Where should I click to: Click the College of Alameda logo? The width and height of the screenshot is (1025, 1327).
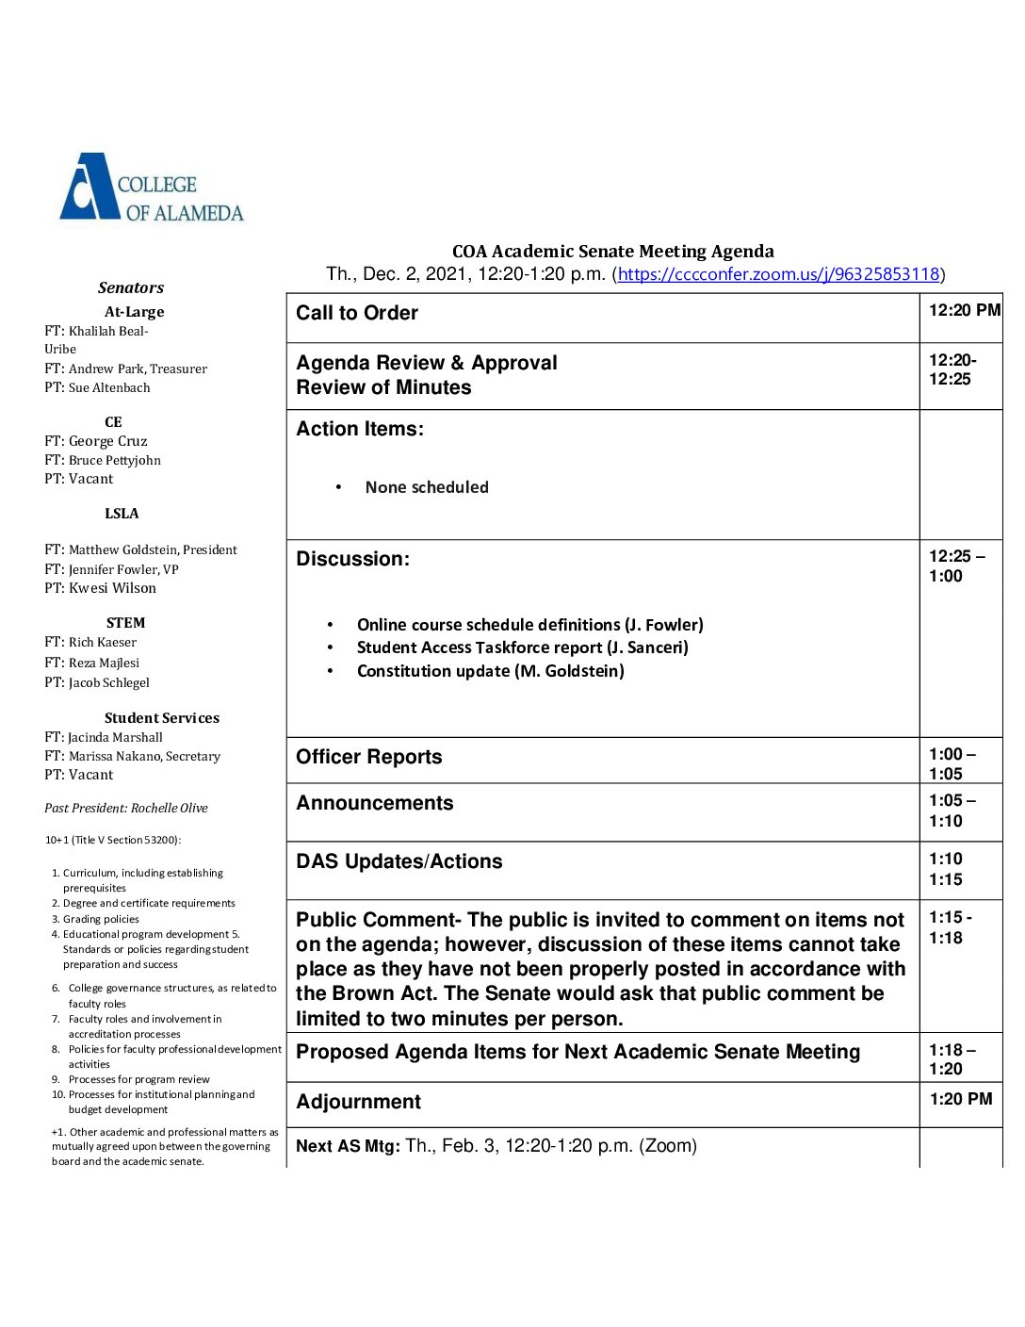tap(152, 188)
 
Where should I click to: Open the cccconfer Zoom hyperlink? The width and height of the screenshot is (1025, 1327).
tap(778, 274)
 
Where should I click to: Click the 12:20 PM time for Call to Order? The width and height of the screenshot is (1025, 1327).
tap(964, 310)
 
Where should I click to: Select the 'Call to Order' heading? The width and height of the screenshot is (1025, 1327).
tap(357, 313)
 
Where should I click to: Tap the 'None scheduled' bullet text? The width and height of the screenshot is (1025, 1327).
tap(427, 487)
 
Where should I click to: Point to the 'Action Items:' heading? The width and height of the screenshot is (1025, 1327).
tap(360, 429)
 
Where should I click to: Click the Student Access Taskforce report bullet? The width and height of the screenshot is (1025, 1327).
tap(522, 647)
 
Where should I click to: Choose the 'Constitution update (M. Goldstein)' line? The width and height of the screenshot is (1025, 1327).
tap(490, 671)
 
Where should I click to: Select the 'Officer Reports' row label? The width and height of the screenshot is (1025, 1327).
tap(368, 757)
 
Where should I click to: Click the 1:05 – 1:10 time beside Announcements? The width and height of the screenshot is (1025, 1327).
tap(952, 811)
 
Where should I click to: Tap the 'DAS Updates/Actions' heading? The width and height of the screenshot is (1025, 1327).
tap(399, 861)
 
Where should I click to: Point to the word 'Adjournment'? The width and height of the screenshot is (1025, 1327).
tap(358, 1102)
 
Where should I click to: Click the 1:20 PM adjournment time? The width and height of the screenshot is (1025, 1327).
tap(960, 1099)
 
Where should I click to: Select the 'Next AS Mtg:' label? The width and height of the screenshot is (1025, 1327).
tap(348, 1146)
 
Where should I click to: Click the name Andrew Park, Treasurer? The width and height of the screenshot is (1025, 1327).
tap(138, 369)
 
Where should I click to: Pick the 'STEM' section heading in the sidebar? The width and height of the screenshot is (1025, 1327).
tap(125, 623)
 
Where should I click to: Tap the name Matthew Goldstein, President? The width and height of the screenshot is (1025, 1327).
tap(153, 549)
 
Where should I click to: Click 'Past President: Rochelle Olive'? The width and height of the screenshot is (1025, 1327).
tap(125, 808)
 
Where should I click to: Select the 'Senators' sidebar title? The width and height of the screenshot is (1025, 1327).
tap(131, 287)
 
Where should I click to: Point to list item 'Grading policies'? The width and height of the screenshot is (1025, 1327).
tap(101, 919)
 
